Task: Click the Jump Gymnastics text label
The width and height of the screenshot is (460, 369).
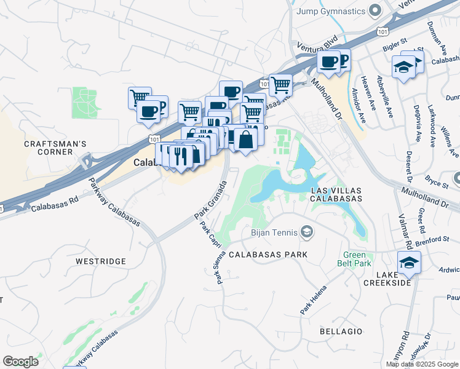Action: pos(331,11)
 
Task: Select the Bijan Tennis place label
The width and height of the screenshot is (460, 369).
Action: pos(274,232)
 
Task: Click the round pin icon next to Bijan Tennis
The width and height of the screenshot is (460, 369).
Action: pos(307,232)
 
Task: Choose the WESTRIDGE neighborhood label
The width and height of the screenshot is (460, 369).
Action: pos(100,261)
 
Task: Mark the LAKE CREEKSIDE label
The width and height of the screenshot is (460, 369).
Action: pos(386,278)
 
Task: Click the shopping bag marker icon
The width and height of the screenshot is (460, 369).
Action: pos(245,139)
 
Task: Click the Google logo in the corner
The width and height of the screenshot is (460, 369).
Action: pos(20,362)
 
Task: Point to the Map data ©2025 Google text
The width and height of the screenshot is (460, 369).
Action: pos(421,364)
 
